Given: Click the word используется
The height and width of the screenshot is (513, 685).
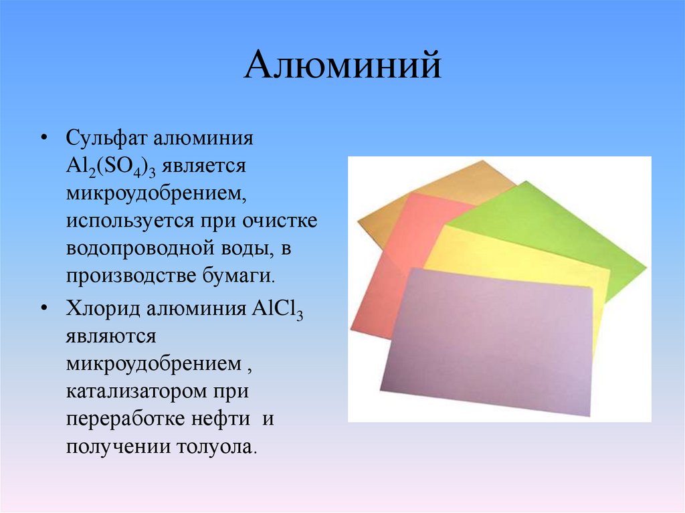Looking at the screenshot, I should [119, 220].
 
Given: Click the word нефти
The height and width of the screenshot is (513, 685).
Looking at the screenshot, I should [214, 419].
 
